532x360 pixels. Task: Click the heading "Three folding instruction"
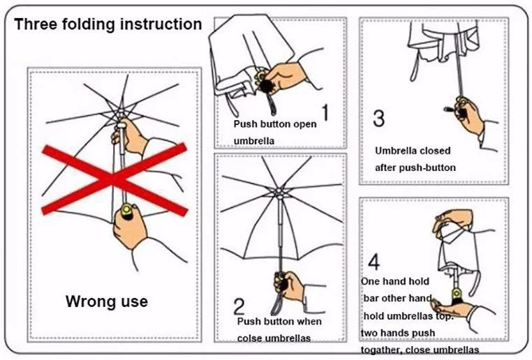point(108,24)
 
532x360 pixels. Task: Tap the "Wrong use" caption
point(106,301)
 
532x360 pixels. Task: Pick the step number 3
point(379,118)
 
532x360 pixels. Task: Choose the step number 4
point(374,263)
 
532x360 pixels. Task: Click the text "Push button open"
point(274,124)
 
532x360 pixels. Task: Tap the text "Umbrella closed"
point(413,151)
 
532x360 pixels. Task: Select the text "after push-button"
point(415,167)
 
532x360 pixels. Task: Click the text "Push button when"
point(279,322)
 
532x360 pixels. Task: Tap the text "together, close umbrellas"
point(420,350)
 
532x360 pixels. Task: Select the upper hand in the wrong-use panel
point(131,137)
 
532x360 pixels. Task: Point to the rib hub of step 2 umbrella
point(278,192)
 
